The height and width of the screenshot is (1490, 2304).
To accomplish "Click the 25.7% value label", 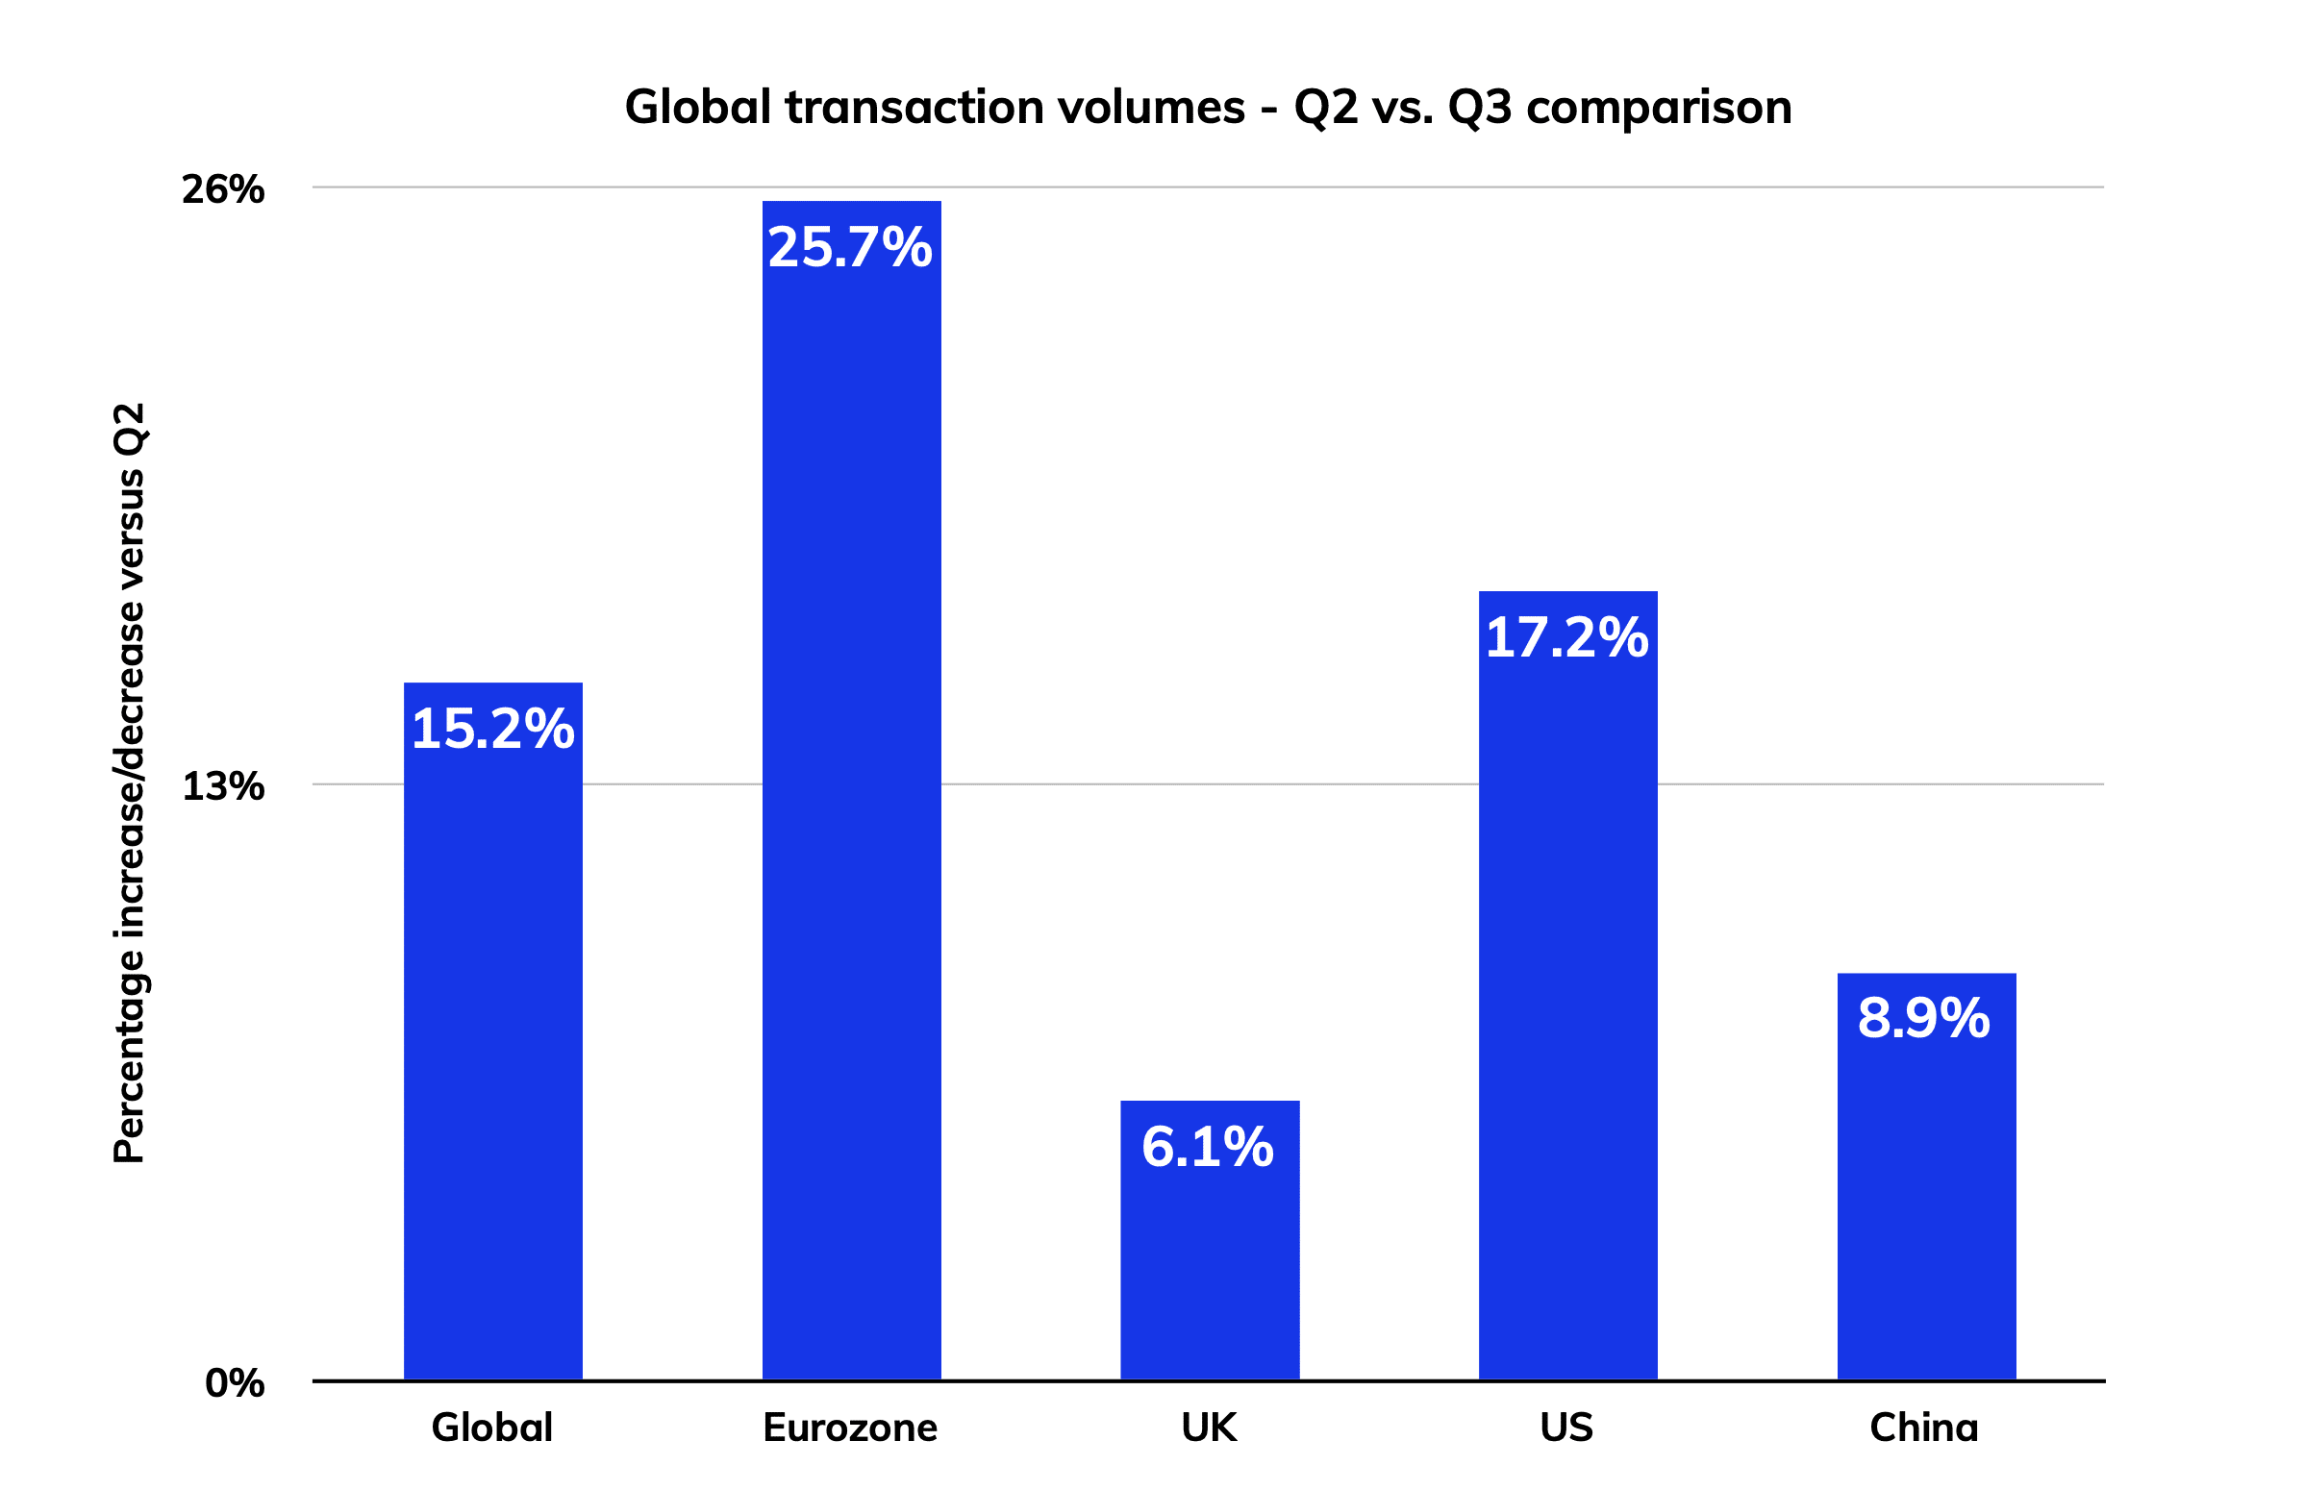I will [850, 247].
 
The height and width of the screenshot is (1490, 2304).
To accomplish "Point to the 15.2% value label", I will [492, 729].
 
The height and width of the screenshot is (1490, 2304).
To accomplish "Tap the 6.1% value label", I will [1208, 1148].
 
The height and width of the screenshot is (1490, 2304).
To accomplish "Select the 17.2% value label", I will [1566, 637].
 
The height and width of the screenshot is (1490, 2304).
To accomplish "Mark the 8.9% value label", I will [1924, 1019].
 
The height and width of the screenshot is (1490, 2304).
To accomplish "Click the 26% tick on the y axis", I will [222, 189].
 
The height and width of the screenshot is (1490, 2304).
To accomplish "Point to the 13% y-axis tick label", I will [222, 786].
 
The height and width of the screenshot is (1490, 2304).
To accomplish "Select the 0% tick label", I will [235, 1384].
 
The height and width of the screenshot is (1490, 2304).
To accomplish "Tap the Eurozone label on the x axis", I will [850, 1428].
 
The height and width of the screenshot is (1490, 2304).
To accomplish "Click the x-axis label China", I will [1924, 1428].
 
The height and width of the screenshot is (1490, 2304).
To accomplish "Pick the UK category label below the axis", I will [1209, 1428].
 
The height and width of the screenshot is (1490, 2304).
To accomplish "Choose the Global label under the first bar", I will [491, 1428].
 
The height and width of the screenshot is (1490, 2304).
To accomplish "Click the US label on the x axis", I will [1566, 1428].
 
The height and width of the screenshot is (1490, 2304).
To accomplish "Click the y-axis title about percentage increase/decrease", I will [129, 783].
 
